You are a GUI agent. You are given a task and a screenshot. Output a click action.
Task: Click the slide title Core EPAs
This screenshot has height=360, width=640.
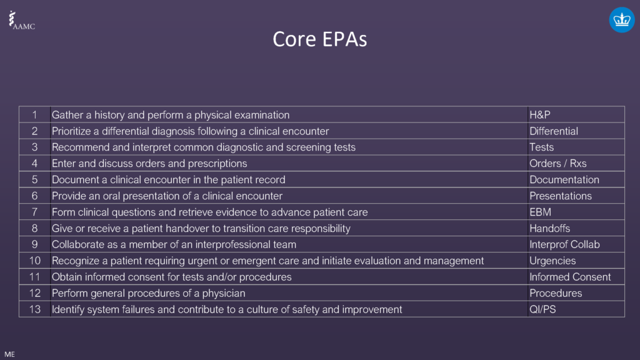pyautogui.click(x=319, y=39)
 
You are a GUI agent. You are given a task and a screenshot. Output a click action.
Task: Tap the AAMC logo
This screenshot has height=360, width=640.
pyautogui.click(x=21, y=21)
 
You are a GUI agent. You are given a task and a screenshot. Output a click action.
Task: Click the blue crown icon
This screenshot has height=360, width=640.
pyautogui.click(x=621, y=20)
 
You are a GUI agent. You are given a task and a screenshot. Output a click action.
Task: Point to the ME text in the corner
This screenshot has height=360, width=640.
pyautogui.click(x=9, y=354)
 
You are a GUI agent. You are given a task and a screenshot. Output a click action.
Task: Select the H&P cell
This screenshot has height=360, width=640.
pyautogui.click(x=539, y=115)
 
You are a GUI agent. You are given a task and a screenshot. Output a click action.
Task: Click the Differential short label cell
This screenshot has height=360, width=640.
pyautogui.click(x=554, y=131)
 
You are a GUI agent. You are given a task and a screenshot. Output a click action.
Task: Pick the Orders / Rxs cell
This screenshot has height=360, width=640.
pyautogui.click(x=557, y=164)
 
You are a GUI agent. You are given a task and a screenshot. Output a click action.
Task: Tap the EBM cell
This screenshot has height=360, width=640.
pyautogui.click(x=540, y=212)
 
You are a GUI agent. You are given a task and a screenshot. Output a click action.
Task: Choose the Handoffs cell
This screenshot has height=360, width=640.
pyautogui.click(x=549, y=229)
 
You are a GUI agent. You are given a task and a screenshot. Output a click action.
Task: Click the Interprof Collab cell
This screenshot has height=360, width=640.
pyautogui.click(x=564, y=245)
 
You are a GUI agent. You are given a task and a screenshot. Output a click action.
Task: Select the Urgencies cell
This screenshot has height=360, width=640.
pyautogui.click(x=552, y=261)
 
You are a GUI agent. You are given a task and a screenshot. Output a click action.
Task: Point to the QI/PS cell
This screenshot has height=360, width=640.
pyautogui.click(x=542, y=309)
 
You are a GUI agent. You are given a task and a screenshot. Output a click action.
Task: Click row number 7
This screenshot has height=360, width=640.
pyautogui.click(x=35, y=212)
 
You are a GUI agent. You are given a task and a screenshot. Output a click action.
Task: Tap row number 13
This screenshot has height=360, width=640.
pyautogui.click(x=34, y=309)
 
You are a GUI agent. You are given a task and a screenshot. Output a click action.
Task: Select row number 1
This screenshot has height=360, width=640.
pyautogui.click(x=35, y=115)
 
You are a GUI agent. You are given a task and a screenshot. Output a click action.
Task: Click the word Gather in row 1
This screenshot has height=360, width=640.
pyautogui.click(x=67, y=115)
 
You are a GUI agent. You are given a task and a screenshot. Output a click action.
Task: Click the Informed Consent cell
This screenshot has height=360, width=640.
pyautogui.click(x=570, y=277)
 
